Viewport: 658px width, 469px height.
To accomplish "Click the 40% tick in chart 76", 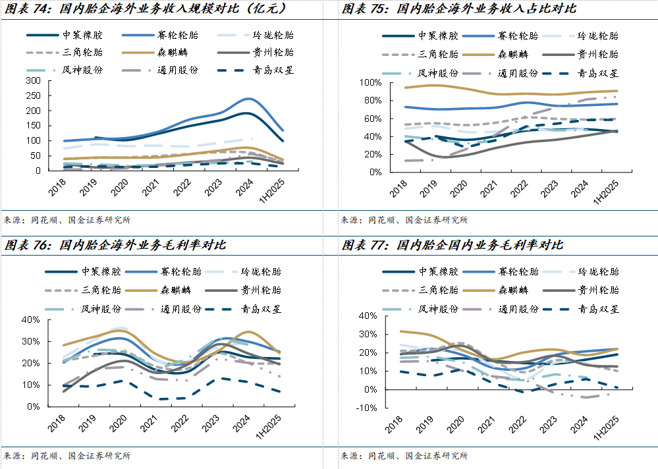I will pos(32,319).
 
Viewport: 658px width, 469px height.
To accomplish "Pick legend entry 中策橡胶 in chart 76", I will pos(101,271).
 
